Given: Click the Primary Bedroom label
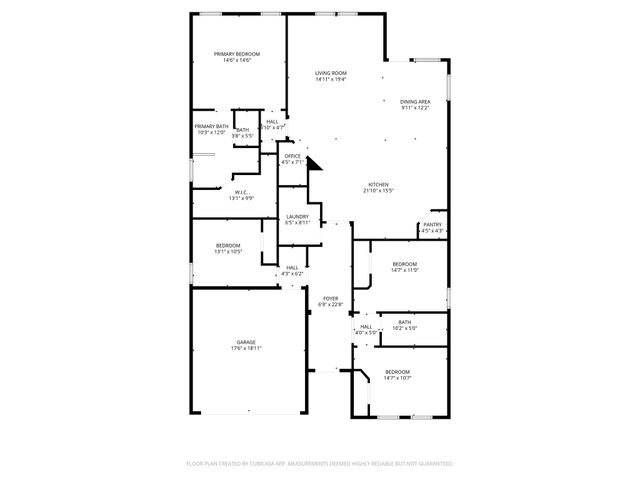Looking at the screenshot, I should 237,53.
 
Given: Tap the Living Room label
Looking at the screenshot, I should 330,73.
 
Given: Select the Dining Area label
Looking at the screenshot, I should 415,101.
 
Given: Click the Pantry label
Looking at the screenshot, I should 432,225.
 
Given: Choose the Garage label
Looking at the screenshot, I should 245,342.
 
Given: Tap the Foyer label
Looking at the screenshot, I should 329,298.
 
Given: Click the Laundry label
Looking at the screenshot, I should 296,216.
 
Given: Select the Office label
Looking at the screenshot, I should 292,156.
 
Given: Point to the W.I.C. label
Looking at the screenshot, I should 241,192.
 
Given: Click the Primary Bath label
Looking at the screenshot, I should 211,126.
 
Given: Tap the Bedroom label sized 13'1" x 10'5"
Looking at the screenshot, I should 228,245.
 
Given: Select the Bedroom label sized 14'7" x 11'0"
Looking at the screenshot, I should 404,263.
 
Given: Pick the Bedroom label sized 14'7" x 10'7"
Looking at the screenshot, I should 397,371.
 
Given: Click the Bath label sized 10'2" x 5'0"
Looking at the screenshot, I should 404,322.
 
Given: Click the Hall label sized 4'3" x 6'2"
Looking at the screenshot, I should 292,267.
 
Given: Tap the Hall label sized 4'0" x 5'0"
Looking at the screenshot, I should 366,326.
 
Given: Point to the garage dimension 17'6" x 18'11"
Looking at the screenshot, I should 245,349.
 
